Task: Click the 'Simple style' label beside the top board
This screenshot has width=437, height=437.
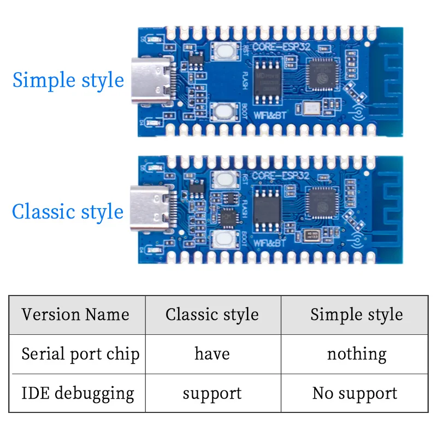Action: click(x=68, y=80)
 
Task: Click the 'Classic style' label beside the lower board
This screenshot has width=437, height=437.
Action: click(x=68, y=211)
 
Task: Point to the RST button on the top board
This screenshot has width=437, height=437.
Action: click(x=225, y=51)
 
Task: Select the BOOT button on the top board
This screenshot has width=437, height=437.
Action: click(x=224, y=112)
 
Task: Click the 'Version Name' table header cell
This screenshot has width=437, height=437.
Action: click(x=76, y=315)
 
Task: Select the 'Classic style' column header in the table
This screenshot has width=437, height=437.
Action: click(x=212, y=315)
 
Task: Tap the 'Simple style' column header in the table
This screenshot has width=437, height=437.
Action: click(x=356, y=315)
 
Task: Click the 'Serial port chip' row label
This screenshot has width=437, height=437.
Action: click(x=80, y=354)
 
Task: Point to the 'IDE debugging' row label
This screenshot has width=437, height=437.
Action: click(x=78, y=393)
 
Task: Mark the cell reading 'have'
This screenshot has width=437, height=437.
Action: click(x=212, y=354)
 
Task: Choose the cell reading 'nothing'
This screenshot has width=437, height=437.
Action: click(x=356, y=354)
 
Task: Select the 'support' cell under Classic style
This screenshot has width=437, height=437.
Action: click(x=212, y=393)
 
